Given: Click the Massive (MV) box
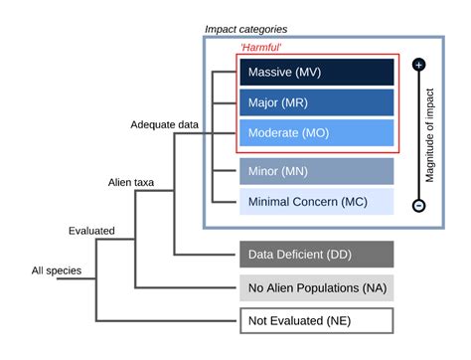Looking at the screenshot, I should [317, 72].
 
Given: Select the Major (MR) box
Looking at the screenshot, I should [317, 102].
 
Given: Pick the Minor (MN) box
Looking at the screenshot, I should [317, 171].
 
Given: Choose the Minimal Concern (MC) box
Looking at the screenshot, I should [317, 202].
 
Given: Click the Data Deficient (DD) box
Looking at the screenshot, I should [317, 255].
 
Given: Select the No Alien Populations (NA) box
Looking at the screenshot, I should [317, 288].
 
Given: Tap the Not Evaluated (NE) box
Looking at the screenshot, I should [317, 320].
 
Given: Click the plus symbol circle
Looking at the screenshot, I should [418, 64].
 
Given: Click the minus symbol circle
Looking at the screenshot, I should [418, 206].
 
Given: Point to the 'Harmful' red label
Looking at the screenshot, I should [260, 47].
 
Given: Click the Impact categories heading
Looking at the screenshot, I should [245, 30].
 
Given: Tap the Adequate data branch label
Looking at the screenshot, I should [165, 124].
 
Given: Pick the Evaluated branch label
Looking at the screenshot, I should [91, 231].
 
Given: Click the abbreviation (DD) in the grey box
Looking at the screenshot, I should [345, 255].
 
